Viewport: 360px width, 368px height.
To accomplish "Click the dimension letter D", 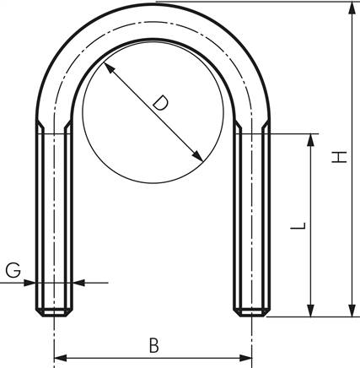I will point(160,105).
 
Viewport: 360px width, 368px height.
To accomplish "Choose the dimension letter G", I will point(12,271).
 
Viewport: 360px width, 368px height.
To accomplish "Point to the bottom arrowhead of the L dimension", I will point(312,311).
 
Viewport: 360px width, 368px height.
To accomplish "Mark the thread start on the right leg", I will point(251,129).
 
